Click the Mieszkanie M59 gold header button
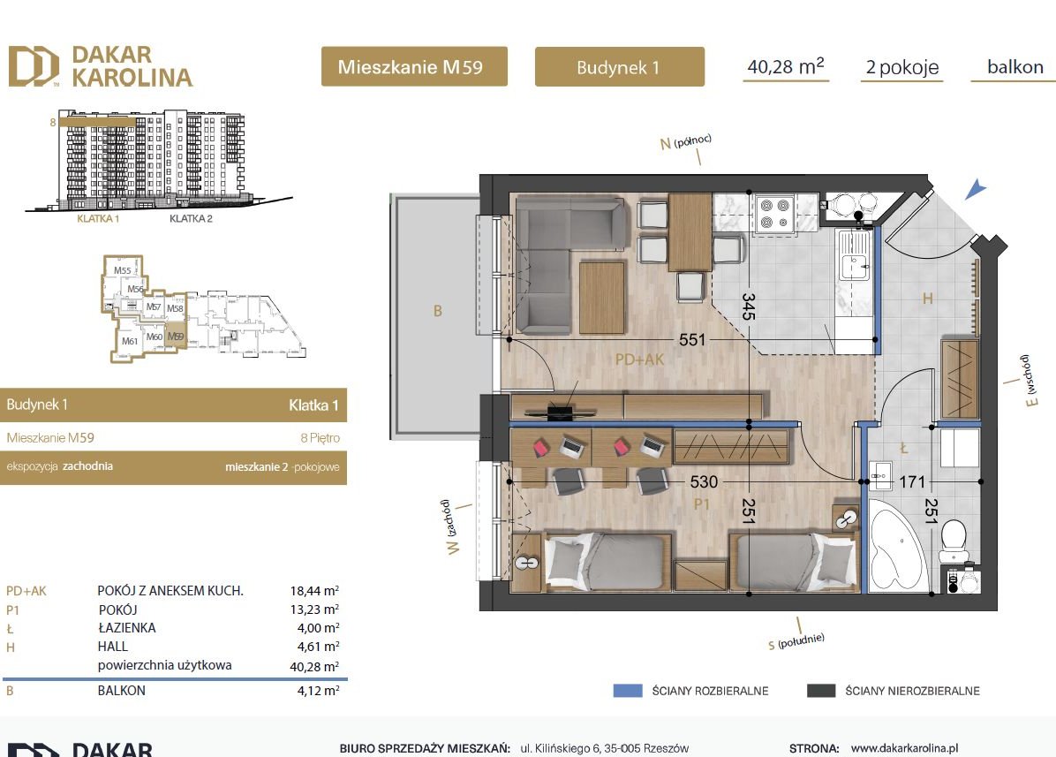[x=413, y=66]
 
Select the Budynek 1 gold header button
[x=619, y=67]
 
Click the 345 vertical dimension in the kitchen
[x=749, y=305]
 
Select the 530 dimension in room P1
[x=704, y=482]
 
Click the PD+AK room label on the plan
[x=639, y=360]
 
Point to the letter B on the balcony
[x=436, y=310]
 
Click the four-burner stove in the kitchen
[x=773, y=213]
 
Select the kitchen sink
[x=855, y=264]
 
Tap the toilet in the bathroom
[x=954, y=541]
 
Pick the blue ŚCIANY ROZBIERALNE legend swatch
[x=628, y=691]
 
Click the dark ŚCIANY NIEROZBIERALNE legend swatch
[x=821, y=691]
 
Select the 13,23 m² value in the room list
[x=320, y=609]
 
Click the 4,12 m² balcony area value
[x=320, y=691]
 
